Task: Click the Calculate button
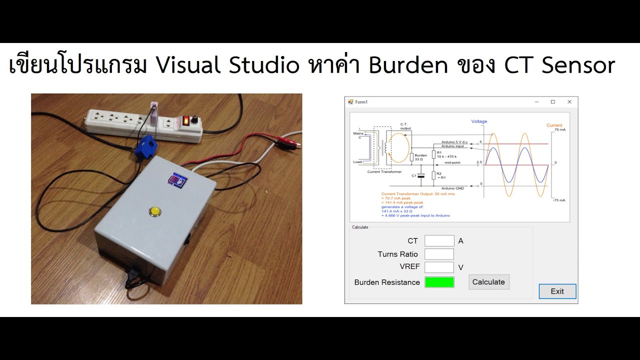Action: tap(488, 282)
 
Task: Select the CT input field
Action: tap(439, 241)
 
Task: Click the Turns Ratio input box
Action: tap(439, 254)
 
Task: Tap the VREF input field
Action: tap(439, 267)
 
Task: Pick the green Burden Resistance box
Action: tap(439, 282)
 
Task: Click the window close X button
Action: tap(569, 102)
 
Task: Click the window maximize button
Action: tap(552, 102)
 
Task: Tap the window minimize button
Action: tap(536, 102)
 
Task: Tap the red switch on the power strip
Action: tap(186, 120)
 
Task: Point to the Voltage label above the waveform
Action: tap(478, 121)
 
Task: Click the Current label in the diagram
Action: tap(554, 125)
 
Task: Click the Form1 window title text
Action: tap(360, 102)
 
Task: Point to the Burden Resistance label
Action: tap(386, 282)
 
